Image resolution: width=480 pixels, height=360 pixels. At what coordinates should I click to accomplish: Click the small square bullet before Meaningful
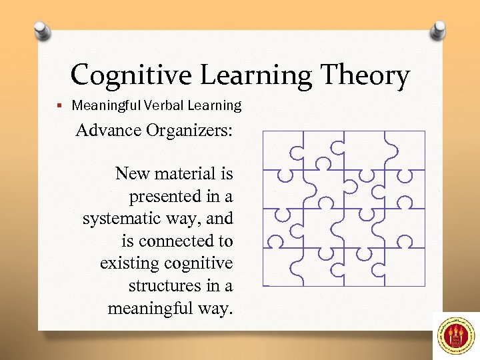point(60,105)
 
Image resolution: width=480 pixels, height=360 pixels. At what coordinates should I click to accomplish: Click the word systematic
point(123,219)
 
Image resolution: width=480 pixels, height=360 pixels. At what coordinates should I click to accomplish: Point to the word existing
point(127,263)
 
